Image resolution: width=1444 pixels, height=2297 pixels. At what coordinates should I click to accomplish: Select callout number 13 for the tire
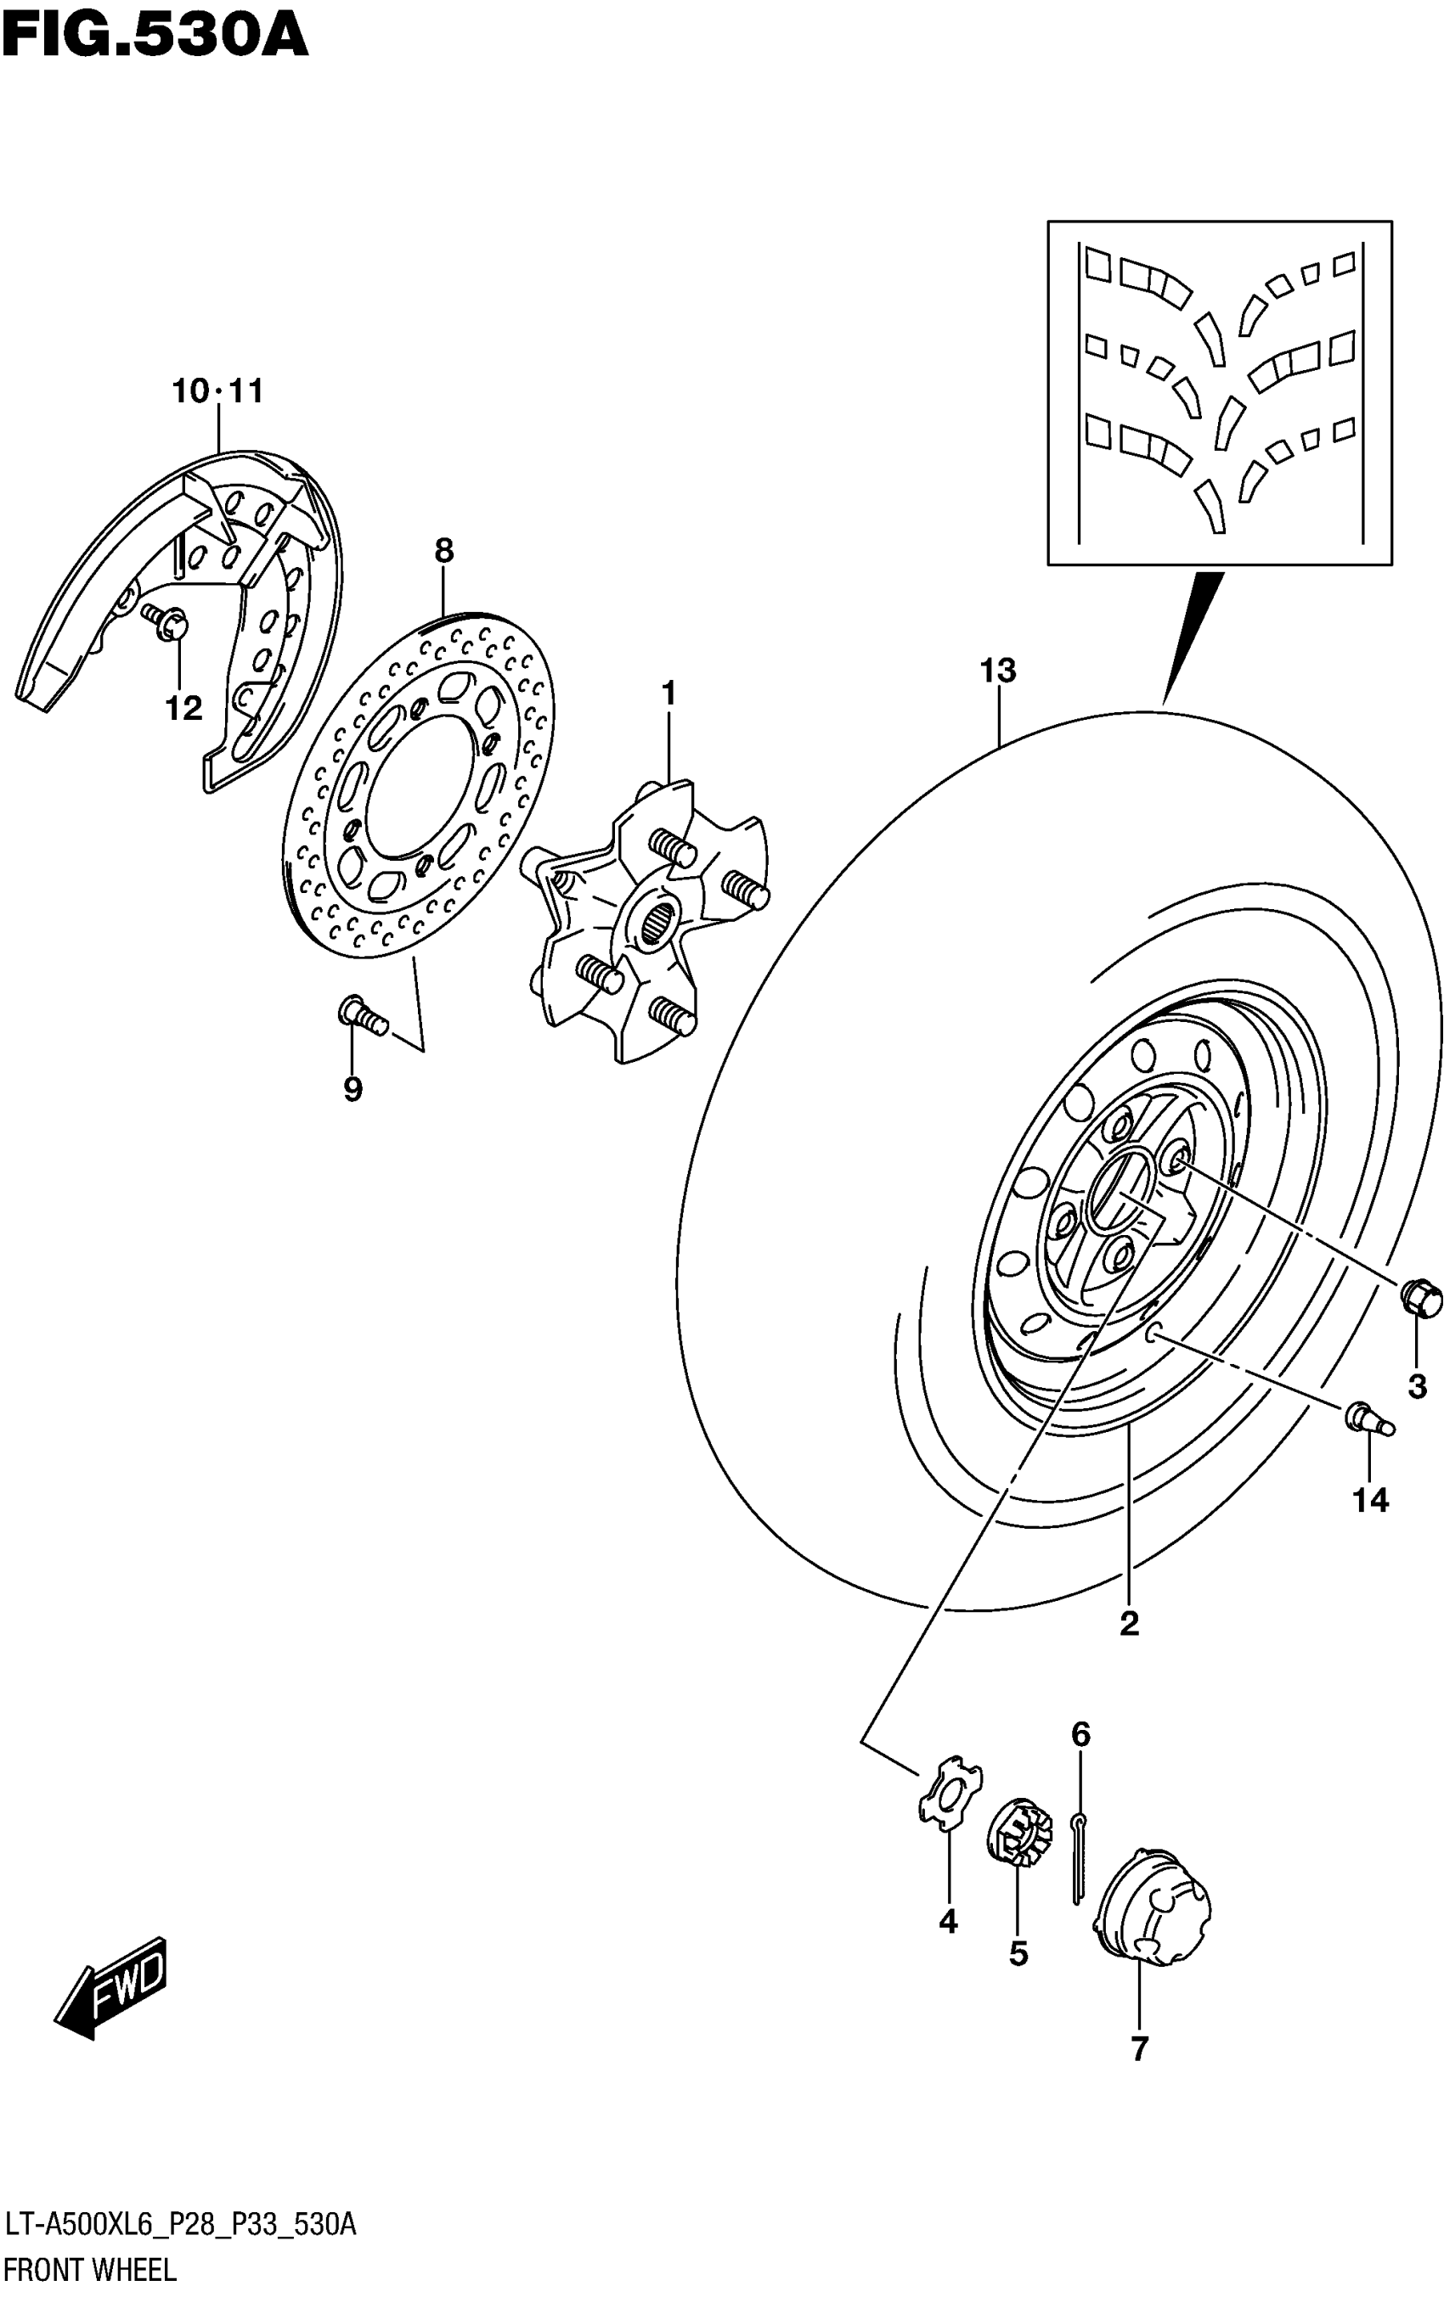point(997,671)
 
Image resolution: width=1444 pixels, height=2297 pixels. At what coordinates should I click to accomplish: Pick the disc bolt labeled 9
point(363,1015)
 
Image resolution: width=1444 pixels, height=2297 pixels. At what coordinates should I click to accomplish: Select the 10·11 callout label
point(217,391)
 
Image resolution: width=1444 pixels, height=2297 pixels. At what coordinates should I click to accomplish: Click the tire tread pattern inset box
point(1219,392)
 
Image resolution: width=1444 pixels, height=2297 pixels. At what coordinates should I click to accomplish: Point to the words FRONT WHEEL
point(91,2269)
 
